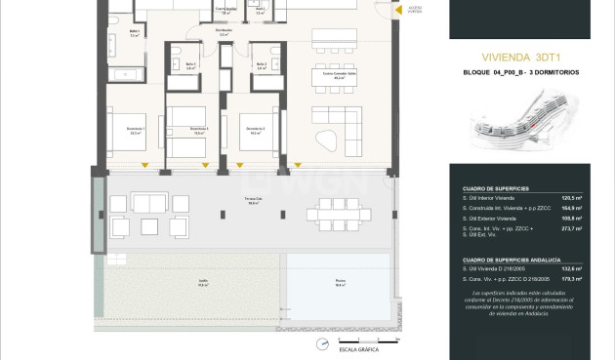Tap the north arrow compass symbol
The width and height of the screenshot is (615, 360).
click(321, 344)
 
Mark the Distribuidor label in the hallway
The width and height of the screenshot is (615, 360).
click(224, 30)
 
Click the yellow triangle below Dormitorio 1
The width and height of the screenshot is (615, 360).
click(144, 162)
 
